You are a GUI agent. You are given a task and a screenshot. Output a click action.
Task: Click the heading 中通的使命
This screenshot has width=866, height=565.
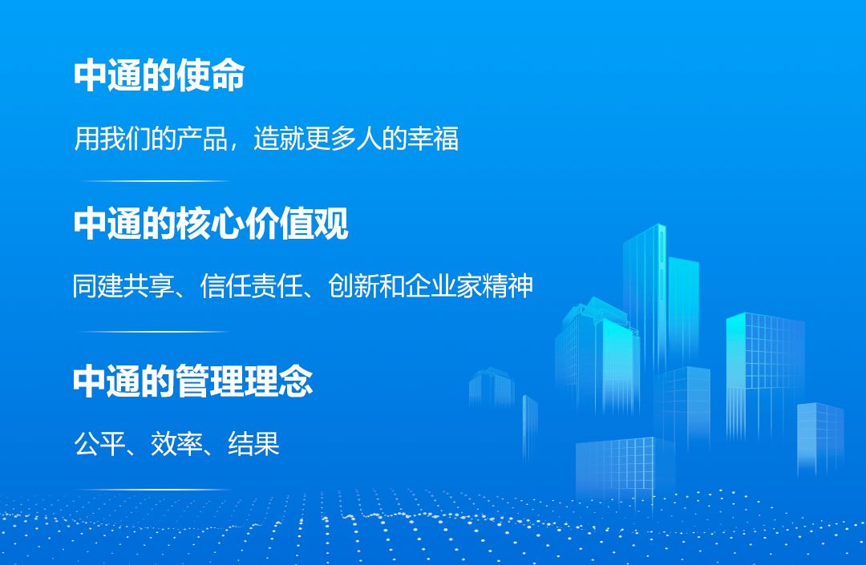tap(159, 75)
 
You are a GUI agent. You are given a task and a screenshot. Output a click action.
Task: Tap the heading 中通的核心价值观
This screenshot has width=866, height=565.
tap(211, 224)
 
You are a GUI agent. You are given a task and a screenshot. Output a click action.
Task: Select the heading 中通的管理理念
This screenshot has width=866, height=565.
tap(192, 381)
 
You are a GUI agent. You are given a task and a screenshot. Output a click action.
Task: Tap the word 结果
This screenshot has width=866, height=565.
tap(253, 443)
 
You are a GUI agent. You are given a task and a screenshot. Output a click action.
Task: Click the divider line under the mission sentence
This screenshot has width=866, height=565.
tap(155, 181)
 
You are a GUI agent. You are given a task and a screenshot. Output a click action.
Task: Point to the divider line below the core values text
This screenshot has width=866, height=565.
tap(155, 331)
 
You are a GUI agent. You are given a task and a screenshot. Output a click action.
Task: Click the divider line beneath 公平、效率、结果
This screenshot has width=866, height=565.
tap(155, 489)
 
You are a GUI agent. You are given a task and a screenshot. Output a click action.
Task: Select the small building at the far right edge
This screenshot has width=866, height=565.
tap(819, 437)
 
